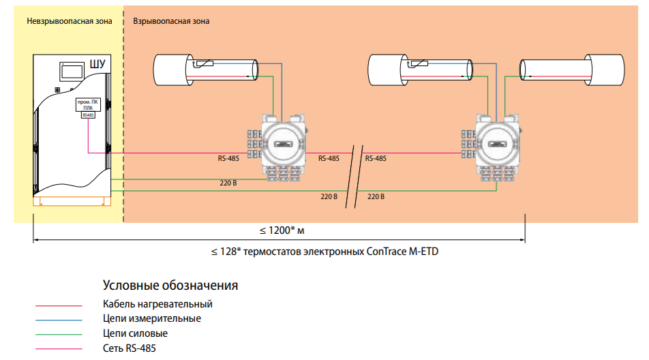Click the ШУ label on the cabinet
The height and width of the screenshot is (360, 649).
click(x=97, y=64)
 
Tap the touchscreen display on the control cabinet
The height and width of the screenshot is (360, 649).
click(x=72, y=71)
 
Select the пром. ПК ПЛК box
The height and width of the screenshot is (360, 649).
click(x=88, y=105)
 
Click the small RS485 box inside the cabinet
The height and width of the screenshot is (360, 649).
click(x=88, y=115)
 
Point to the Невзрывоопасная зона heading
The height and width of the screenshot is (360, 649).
click(x=70, y=21)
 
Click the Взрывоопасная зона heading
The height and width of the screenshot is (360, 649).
click(x=171, y=21)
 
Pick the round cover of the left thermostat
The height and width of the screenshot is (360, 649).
click(x=283, y=144)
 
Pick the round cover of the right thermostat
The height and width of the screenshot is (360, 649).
click(x=497, y=144)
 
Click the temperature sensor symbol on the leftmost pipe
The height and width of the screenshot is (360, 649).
click(x=202, y=64)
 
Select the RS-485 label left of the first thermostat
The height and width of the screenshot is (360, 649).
click(x=228, y=158)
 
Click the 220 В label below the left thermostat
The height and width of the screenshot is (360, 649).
click(x=228, y=183)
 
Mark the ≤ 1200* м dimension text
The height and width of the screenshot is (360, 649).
click(x=282, y=230)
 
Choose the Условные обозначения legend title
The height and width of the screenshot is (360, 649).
click(x=170, y=285)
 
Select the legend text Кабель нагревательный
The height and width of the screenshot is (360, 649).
click(x=157, y=304)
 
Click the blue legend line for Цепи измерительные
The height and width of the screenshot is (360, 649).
click(x=59, y=320)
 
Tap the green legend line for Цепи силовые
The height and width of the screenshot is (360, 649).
click(x=59, y=334)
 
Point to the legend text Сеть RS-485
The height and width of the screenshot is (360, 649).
click(x=130, y=348)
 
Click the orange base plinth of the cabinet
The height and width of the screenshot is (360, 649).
click(x=72, y=201)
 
